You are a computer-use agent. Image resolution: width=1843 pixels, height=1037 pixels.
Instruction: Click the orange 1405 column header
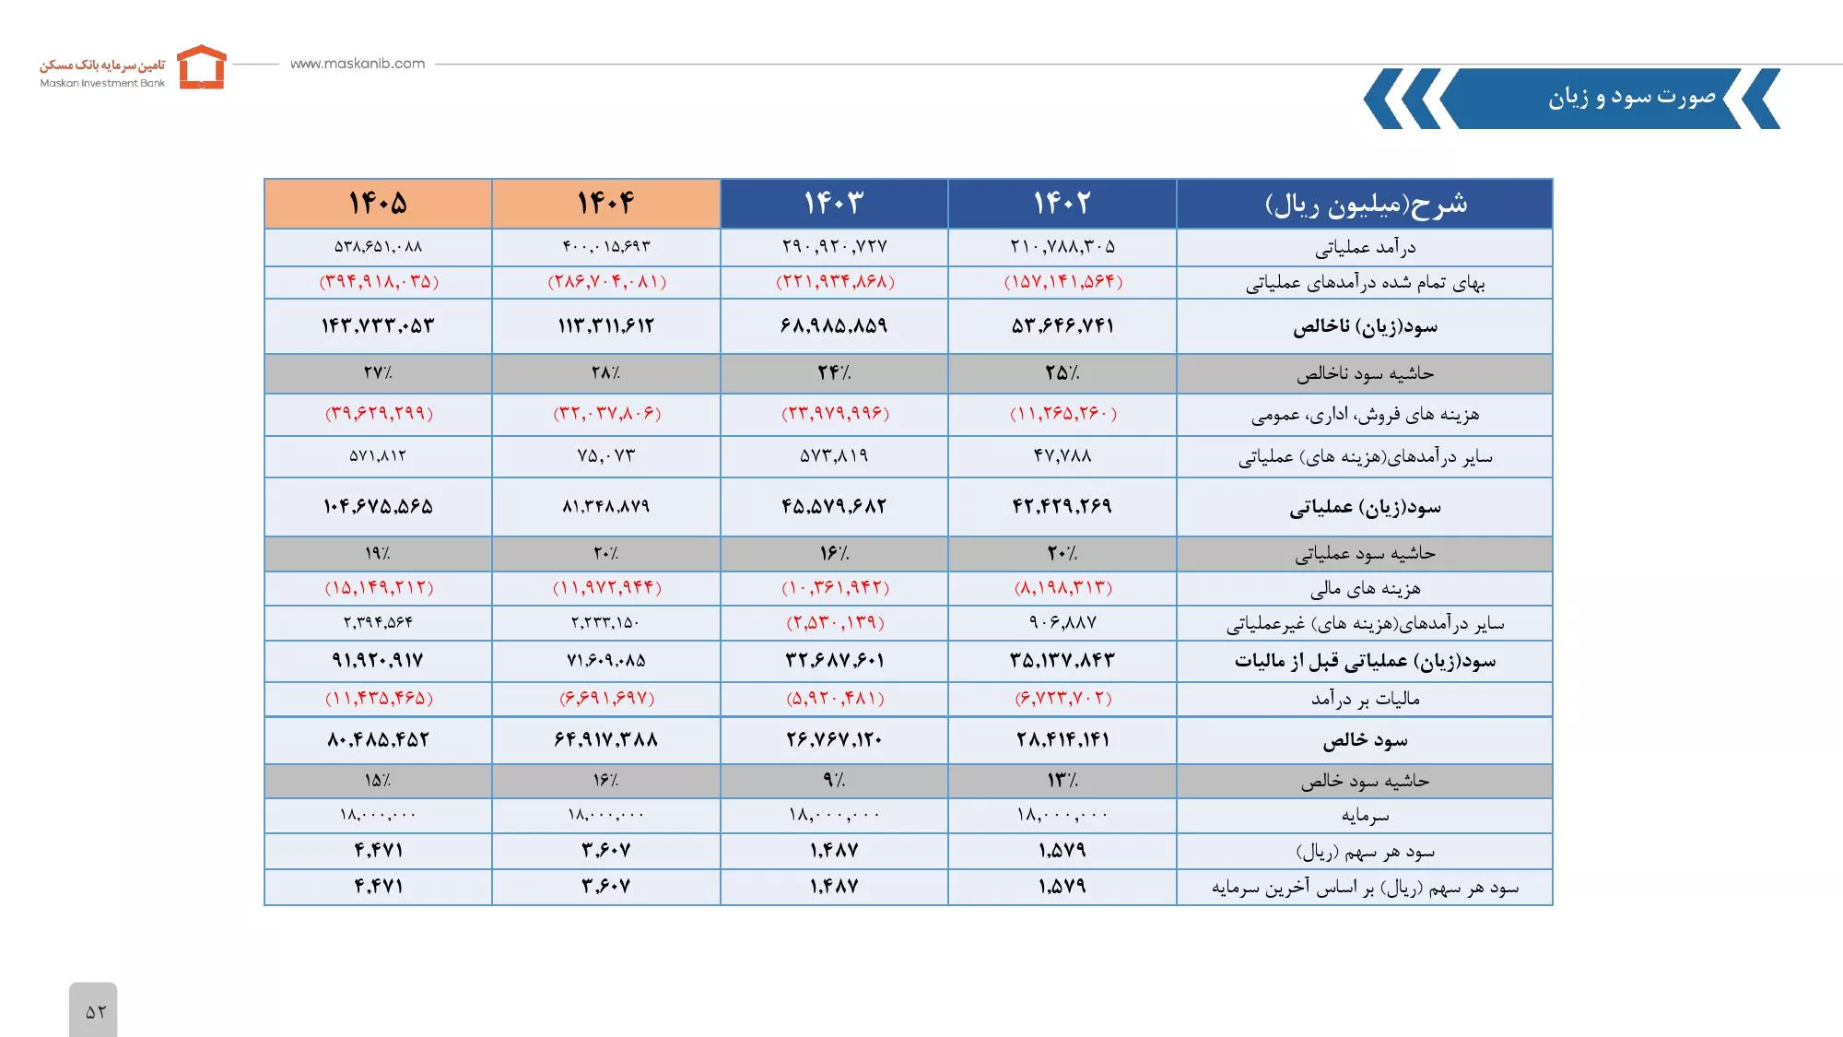pos(378,203)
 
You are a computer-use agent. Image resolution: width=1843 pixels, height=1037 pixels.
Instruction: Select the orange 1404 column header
pos(605,203)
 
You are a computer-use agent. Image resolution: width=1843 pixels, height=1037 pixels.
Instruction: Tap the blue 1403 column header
pos(834,203)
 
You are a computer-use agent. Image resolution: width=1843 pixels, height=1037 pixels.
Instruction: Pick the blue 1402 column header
pos(1062,203)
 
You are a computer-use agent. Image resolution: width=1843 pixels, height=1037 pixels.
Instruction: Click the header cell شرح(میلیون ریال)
pos(1365,204)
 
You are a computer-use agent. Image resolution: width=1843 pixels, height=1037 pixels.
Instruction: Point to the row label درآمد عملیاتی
pos(1365,247)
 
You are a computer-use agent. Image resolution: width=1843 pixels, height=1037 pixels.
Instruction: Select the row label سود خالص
pos(1365,740)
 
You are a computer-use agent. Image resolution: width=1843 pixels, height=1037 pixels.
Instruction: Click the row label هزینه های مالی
pos(1365,588)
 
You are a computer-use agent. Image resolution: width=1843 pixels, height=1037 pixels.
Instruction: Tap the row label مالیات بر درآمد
pos(1365,699)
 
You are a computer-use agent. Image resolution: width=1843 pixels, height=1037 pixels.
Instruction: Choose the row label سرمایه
pos(1365,816)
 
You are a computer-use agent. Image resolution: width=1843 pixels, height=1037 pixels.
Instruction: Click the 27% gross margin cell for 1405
pos(378,373)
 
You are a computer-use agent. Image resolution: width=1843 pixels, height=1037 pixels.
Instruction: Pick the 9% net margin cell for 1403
pos(834,781)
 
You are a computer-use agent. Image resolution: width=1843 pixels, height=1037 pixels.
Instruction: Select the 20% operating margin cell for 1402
pos(1062,554)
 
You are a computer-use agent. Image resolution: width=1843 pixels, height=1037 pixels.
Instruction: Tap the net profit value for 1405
pos(378,740)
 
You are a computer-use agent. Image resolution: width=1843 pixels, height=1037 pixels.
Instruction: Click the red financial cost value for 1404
pos(606,588)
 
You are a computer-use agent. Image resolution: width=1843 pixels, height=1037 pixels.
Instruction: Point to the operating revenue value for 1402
pos(1062,247)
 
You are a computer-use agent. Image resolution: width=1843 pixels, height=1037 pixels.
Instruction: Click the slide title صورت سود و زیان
pos(1631,97)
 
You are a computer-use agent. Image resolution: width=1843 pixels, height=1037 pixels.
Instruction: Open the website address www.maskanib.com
pos(358,64)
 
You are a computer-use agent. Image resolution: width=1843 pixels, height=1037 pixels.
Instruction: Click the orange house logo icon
pos(202,66)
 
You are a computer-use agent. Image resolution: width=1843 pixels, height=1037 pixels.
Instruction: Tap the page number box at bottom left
pos(93,1010)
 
